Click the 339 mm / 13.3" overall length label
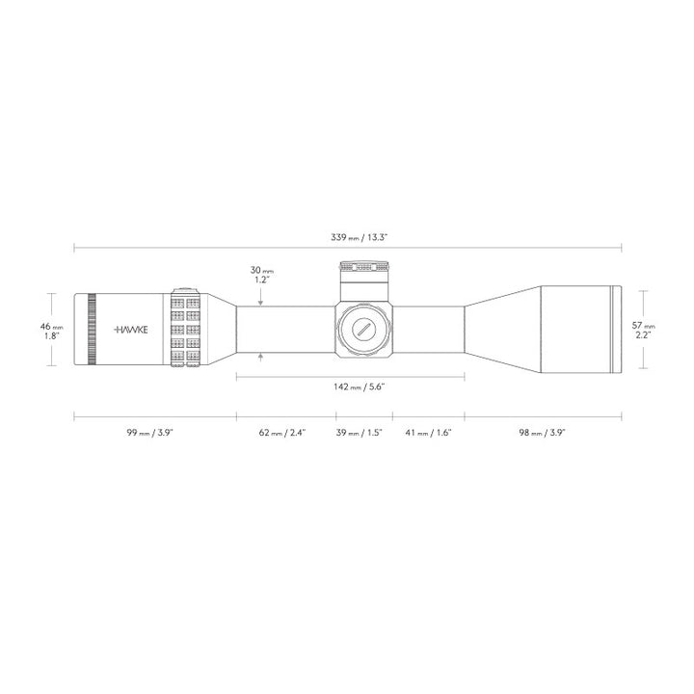359,236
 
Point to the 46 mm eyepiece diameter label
51,328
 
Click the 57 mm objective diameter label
643,326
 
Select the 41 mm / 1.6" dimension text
429,434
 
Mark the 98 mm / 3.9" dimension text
542,434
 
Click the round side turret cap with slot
363,328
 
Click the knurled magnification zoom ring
184,329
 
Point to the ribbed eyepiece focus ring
92,329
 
